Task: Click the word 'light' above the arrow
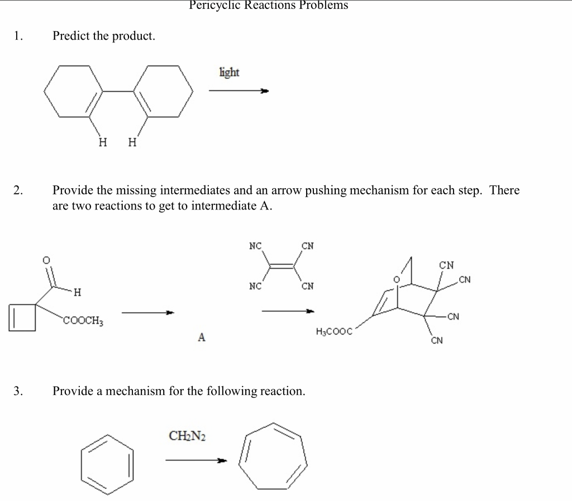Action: tap(229, 73)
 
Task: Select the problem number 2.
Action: tap(18, 190)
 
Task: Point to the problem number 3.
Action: tap(18, 391)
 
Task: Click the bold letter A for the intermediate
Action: tap(202, 337)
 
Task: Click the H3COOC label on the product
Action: tap(334, 332)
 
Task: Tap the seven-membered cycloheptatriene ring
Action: tap(273, 455)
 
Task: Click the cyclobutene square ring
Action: tap(23, 318)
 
